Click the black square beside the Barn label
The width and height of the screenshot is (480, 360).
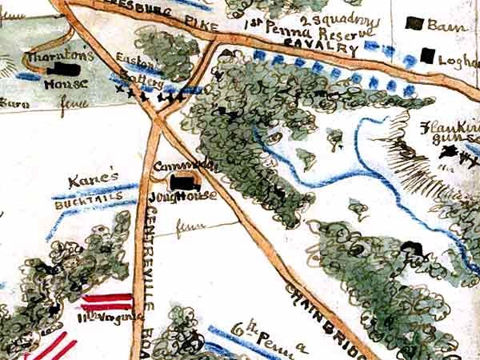click(414, 24)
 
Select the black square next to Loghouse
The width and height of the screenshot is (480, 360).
click(429, 56)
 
